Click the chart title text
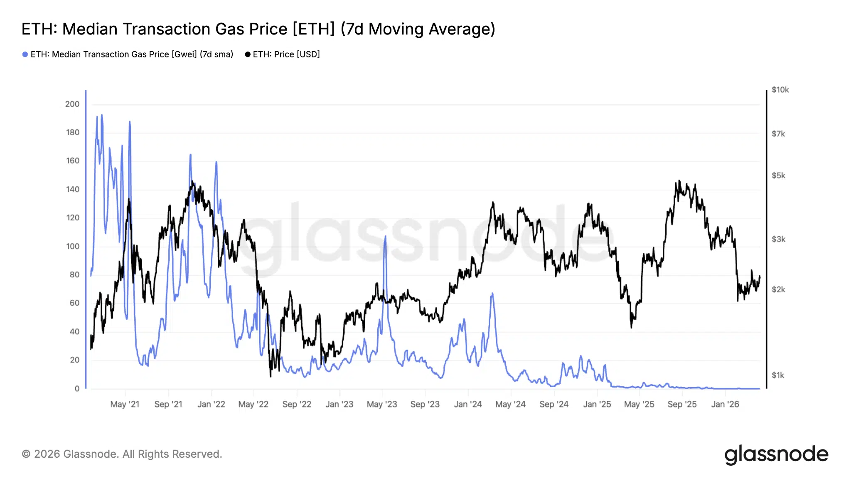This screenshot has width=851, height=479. [x=258, y=29]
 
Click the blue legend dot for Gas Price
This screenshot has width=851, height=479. [x=25, y=54]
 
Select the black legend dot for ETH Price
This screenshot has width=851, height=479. [x=248, y=54]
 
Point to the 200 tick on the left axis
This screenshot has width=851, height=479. [x=72, y=104]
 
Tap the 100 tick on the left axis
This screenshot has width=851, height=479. [x=72, y=246]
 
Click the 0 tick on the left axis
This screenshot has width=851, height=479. [x=77, y=388]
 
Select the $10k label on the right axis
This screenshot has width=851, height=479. [x=780, y=90]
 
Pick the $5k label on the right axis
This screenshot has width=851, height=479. [x=778, y=175]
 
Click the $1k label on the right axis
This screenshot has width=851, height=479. [x=778, y=375]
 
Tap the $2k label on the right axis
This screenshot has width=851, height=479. [x=778, y=289]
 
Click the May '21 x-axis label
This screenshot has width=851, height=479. [x=125, y=404]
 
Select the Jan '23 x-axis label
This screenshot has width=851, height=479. [x=339, y=404]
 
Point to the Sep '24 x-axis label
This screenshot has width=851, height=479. [x=553, y=404]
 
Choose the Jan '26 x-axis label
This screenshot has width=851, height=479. [x=725, y=404]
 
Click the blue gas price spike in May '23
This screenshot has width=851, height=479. [x=385, y=237]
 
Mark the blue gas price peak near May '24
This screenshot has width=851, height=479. [x=492, y=294]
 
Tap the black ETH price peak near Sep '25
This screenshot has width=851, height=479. [x=679, y=181]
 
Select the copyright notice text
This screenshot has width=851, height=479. [x=122, y=454]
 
